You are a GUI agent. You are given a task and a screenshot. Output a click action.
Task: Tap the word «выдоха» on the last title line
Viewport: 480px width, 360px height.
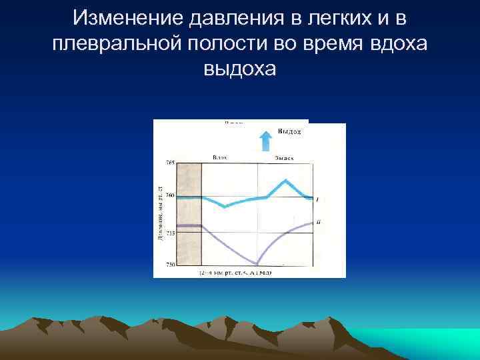click(240, 68)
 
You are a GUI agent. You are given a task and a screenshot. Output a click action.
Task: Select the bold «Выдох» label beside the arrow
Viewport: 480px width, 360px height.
click(289, 132)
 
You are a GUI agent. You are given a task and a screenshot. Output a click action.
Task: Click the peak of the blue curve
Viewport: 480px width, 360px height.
click(286, 180)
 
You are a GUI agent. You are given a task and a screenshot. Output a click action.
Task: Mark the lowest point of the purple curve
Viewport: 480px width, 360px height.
click(257, 263)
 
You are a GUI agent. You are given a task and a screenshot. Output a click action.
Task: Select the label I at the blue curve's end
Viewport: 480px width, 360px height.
click(317, 199)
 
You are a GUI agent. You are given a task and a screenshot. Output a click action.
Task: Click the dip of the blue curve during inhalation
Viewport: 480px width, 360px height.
click(225, 206)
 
